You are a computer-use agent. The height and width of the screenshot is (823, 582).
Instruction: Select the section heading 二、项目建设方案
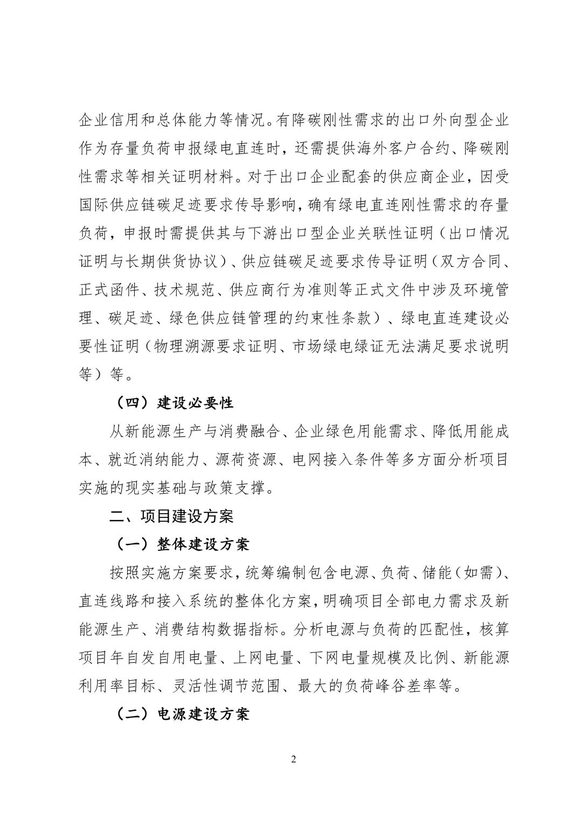pyautogui.click(x=171, y=516)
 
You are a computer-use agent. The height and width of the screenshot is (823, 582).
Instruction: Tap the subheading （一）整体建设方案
pyautogui.click(x=183, y=544)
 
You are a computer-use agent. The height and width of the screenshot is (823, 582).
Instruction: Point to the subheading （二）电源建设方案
pyautogui.click(x=183, y=715)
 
